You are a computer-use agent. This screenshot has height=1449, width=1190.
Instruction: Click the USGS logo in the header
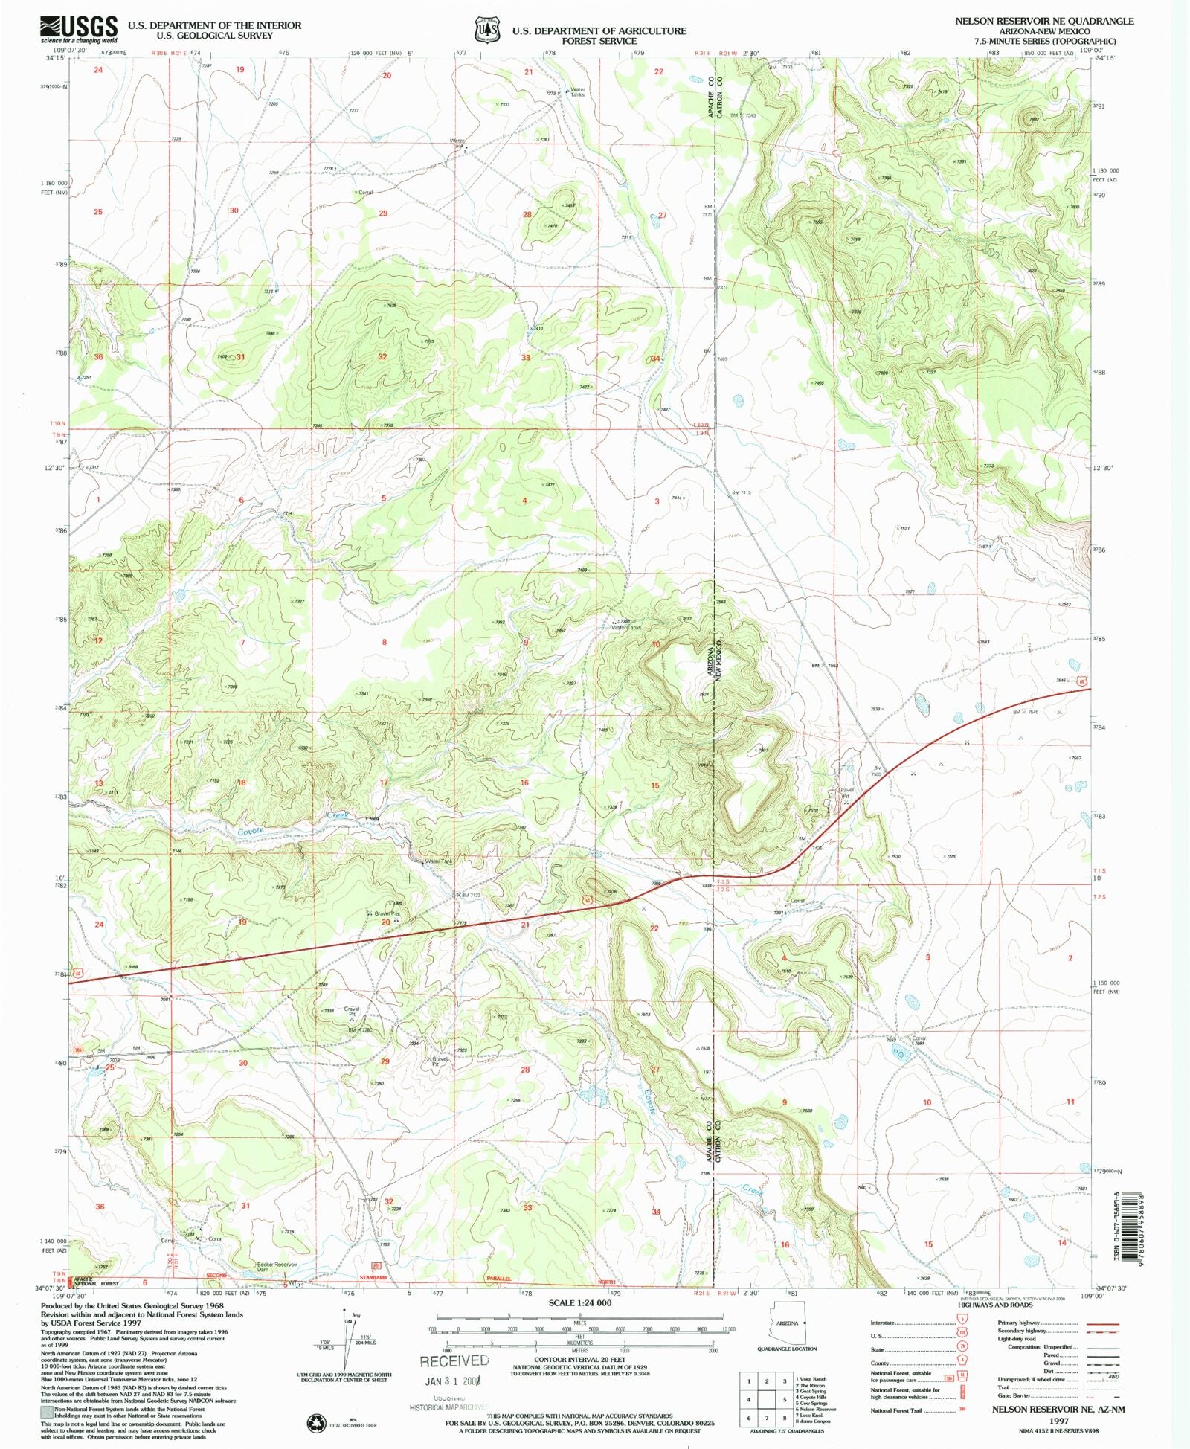(x=78, y=28)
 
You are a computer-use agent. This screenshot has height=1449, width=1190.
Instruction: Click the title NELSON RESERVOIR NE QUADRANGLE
(x=1044, y=22)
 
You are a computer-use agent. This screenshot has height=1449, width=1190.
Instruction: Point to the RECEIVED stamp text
(x=454, y=1361)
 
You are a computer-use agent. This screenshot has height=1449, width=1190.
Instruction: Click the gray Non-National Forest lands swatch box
(x=47, y=1411)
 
